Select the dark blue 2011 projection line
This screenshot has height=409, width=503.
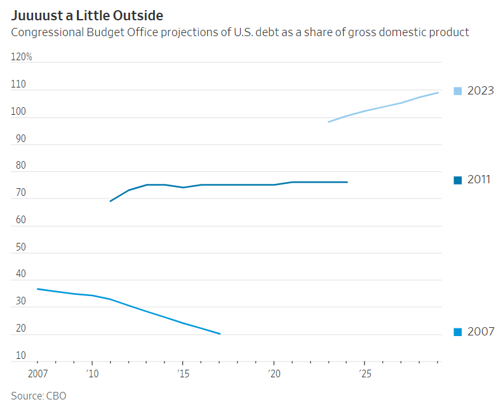point(229,185)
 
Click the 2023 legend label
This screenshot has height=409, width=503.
point(480,91)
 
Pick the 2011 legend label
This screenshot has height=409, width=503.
point(479,179)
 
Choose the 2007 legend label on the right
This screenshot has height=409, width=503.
point(480,332)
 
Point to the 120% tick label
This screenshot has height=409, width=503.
point(22,57)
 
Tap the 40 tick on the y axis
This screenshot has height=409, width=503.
point(20,274)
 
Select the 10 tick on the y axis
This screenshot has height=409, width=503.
point(20,355)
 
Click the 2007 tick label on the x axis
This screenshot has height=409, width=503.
point(37,374)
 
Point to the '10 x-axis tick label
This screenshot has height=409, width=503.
point(92,374)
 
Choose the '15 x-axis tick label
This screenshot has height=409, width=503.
point(183,374)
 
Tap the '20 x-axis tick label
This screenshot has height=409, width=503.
point(274,374)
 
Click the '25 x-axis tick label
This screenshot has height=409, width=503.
point(365,374)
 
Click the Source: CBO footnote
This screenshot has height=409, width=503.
point(38,396)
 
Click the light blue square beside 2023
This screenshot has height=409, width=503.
point(458,91)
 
